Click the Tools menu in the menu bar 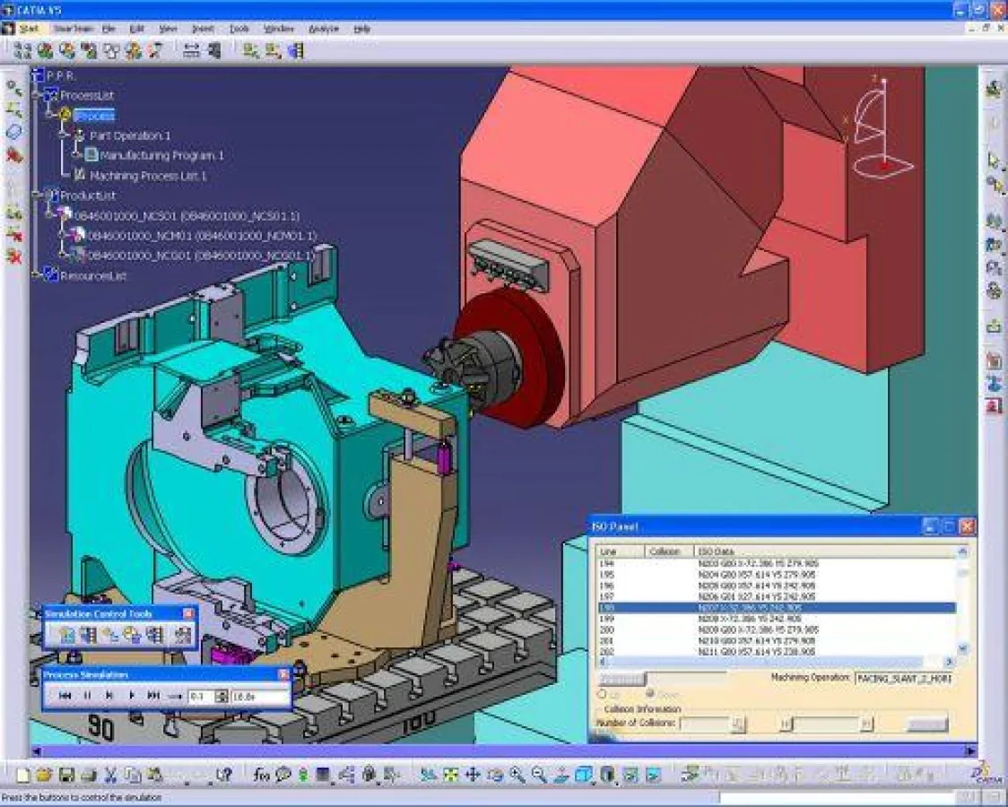coord(239,29)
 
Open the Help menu coord(361,29)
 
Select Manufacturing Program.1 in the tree coord(161,155)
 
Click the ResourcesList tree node coord(92,276)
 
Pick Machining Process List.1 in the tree coord(148,176)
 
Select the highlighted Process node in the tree coord(94,116)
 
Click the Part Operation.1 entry coord(130,135)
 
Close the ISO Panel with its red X coord(967,527)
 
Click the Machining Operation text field coord(902,679)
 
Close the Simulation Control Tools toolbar coord(188,613)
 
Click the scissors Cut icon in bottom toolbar coord(110,774)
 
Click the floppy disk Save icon coord(65,774)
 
